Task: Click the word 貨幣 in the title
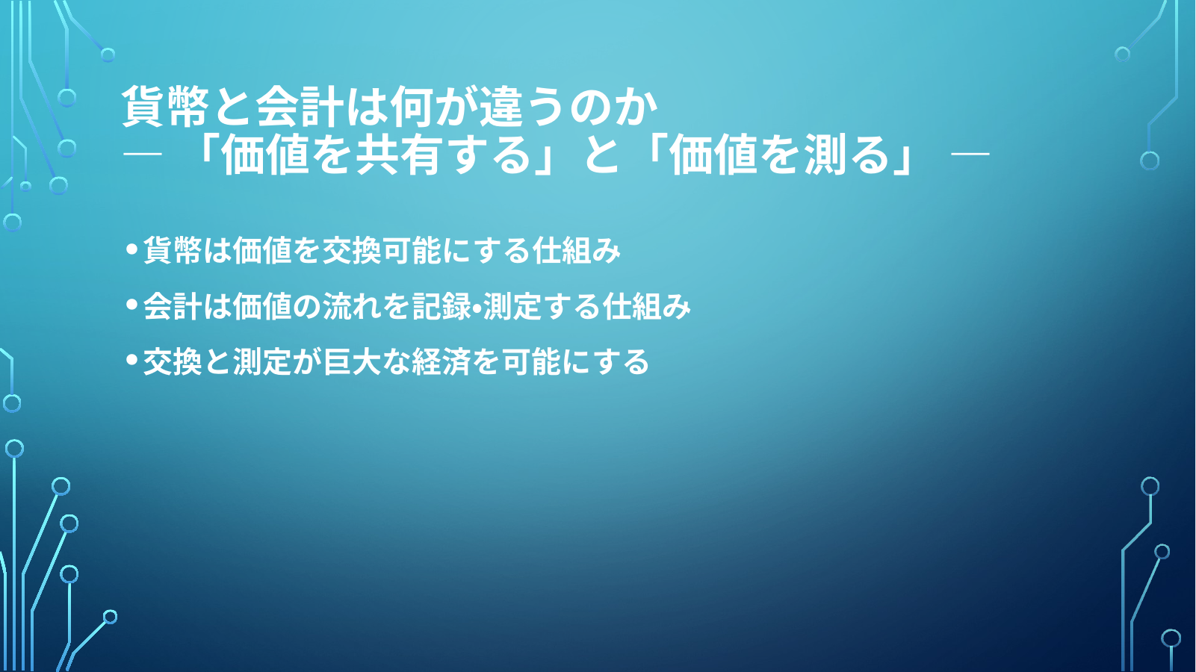[165, 107]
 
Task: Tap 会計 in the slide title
[300, 107]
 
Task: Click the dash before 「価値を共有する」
[142, 155]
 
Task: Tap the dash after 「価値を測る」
[970, 155]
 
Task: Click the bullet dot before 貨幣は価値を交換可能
[131, 249]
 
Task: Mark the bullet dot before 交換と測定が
[131, 360]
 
